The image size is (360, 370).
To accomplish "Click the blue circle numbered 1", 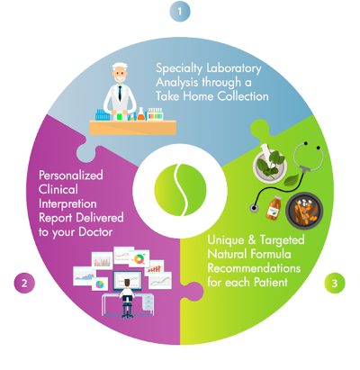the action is [180, 12].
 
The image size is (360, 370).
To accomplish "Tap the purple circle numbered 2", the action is [24, 283].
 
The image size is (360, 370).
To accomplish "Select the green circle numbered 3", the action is [335, 283].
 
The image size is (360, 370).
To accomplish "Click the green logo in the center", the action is [180, 190].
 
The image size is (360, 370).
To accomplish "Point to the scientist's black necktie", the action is [120, 93].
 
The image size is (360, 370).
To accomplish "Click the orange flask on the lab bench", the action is [140, 114].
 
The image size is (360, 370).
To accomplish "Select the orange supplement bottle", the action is [274, 208].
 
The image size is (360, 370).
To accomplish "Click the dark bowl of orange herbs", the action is [304, 211].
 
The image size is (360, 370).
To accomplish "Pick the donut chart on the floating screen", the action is [139, 258].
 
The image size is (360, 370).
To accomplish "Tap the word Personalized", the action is [71, 176].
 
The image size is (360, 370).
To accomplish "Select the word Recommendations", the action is [254, 267].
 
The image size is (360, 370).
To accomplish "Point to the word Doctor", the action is [95, 232].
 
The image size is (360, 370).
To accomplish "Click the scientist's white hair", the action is [120, 67].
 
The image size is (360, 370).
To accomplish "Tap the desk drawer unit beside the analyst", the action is [148, 302].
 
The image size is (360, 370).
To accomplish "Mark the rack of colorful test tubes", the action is [156, 114].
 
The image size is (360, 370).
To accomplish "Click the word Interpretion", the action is [67, 204].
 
